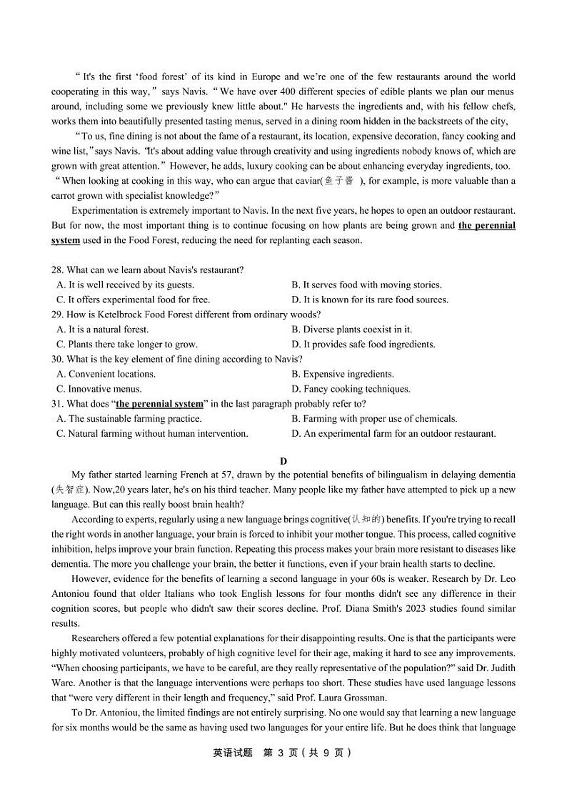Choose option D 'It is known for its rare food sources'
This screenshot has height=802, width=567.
(x=369, y=299)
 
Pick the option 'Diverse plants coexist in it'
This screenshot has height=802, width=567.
(x=351, y=330)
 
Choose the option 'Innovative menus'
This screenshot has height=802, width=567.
(x=99, y=390)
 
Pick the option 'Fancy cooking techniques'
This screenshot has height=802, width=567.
(x=351, y=390)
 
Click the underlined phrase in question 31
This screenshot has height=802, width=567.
(x=159, y=404)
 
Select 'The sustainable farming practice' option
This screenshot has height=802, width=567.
(x=129, y=419)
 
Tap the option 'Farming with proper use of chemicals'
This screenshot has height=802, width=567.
(x=374, y=419)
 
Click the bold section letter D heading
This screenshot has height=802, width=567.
(x=283, y=462)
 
